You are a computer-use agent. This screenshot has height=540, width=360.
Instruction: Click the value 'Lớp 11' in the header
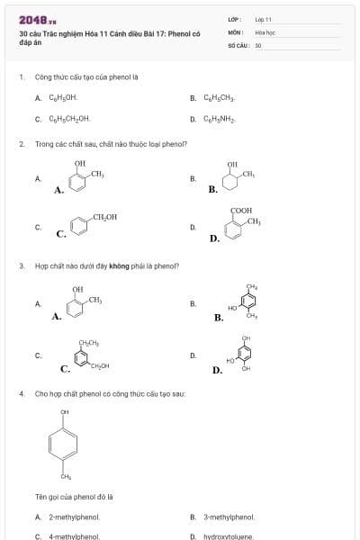coord(263,18)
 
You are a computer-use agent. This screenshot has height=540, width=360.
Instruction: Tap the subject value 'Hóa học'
coord(265,31)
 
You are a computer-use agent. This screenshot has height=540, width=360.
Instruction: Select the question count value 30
coord(258,44)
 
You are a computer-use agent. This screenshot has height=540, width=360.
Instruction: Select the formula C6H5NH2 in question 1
coord(219,118)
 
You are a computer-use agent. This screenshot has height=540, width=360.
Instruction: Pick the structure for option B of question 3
coord(245,302)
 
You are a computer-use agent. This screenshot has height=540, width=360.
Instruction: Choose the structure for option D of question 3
coord(243,354)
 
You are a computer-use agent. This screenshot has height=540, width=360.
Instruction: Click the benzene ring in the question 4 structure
coord(64,443)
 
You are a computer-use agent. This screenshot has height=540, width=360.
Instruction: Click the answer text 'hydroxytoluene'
coord(229,536)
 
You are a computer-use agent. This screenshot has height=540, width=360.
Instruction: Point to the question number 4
coord(21,393)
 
